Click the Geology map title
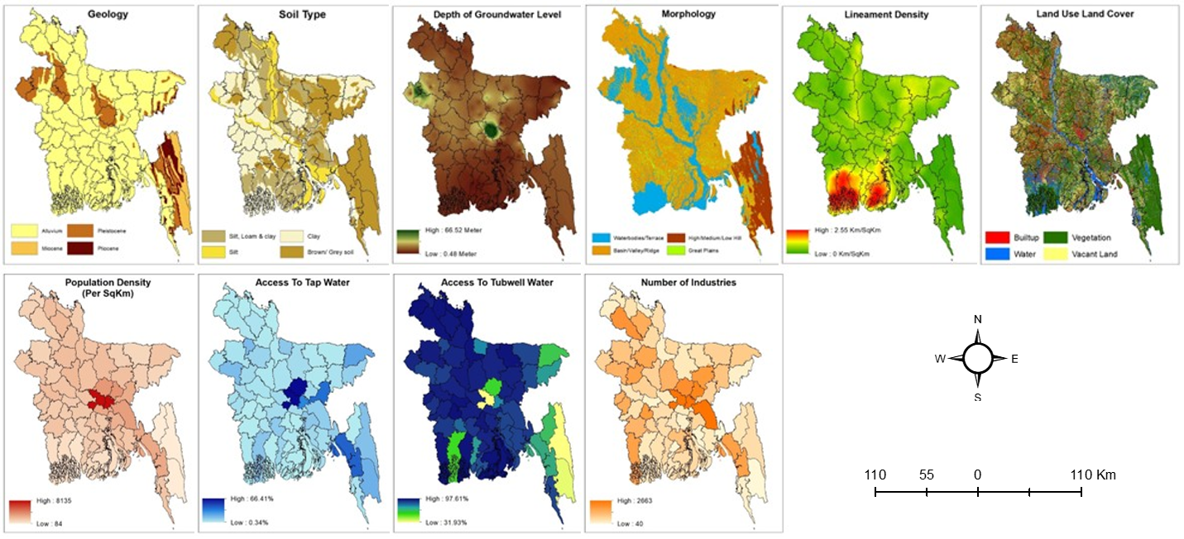point(98,15)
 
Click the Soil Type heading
point(293,15)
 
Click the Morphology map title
point(683,15)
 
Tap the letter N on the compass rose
point(978,319)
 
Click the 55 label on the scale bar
point(927,475)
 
